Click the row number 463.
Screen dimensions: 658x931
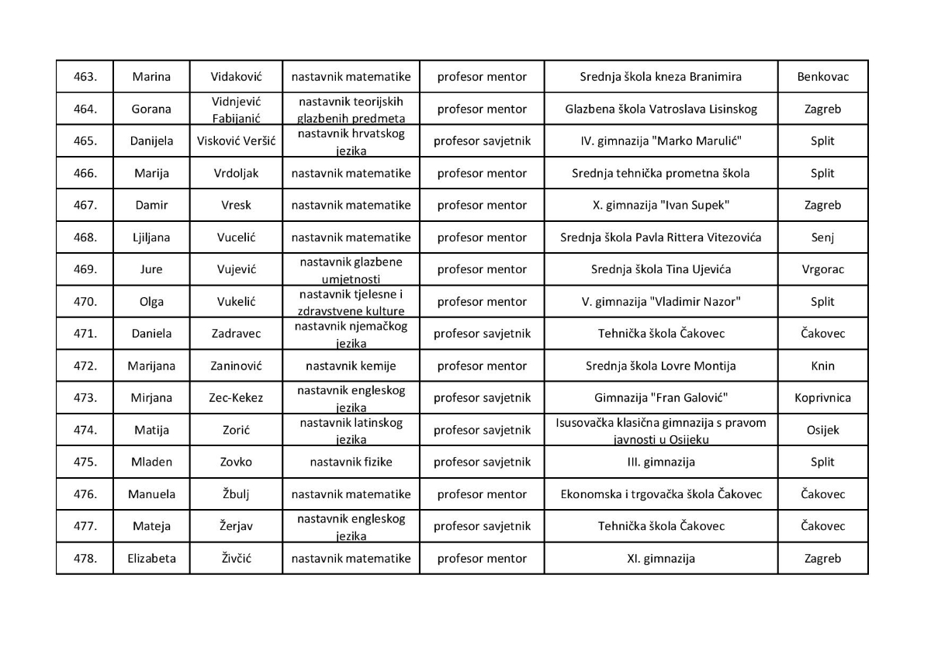coord(85,77)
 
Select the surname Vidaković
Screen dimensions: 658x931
coord(236,77)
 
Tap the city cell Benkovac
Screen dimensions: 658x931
coord(822,77)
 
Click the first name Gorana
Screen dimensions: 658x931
coord(151,109)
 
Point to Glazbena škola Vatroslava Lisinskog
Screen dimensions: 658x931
coord(661,109)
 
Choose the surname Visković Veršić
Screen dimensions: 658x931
coord(236,141)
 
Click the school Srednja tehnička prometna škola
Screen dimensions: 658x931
coord(661,173)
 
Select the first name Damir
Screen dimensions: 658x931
coord(151,206)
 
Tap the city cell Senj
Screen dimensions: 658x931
coord(822,237)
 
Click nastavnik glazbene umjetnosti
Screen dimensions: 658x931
coord(351,269)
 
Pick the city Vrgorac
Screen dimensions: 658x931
coord(822,269)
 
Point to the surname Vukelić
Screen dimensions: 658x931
coord(236,302)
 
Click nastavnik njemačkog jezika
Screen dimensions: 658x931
coord(351,334)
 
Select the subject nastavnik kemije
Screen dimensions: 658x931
coord(351,365)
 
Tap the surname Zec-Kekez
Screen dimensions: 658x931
coord(236,398)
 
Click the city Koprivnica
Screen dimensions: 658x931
coord(822,398)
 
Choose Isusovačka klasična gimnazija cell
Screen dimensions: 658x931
coord(661,430)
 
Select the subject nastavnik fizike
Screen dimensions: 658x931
coord(351,462)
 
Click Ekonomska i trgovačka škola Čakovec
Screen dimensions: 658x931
coord(661,494)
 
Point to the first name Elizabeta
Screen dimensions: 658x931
coord(151,559)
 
